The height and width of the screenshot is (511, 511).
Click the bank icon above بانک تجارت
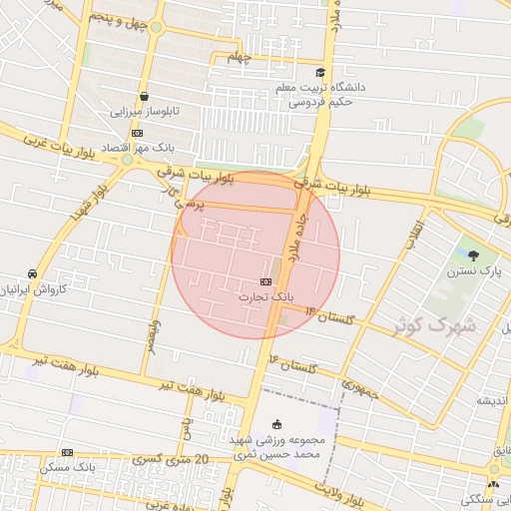265,282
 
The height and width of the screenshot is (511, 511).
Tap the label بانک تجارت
268,296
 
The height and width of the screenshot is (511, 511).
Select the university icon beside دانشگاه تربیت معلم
320,72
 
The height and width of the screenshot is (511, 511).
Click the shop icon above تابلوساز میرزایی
145,97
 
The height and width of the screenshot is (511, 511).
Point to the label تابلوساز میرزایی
143,112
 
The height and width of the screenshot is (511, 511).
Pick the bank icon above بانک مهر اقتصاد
137,133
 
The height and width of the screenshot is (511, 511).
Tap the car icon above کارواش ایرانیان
33,272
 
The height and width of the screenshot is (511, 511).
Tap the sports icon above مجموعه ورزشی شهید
276,423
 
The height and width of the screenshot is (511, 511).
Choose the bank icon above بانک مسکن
67,452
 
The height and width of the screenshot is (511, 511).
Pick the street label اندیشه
491,400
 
